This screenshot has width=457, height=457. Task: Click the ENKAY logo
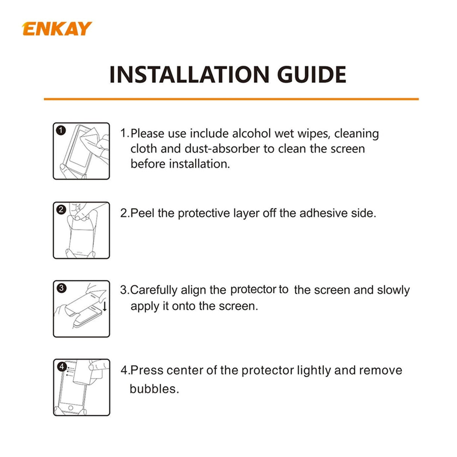(x=57, y=29)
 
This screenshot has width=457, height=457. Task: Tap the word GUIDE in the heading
(x=311, y=75)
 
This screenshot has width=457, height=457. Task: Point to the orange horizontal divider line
(x=231, y=99)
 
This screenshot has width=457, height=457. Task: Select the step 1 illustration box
(x=81, y=151)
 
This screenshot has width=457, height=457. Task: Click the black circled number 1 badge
(x=61, y=131)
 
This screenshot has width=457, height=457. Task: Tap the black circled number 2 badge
(x=61, y=210)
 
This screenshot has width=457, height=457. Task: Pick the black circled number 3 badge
(x=61, y=288)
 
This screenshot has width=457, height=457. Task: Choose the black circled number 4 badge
(x=61, y=367)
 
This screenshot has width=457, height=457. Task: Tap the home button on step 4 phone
(x=70, y=408)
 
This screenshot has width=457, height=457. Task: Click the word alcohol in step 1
(x=251, y=134)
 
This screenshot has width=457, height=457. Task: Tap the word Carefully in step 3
(x=154, y=290)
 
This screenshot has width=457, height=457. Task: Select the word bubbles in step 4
(x=154, y=388)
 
